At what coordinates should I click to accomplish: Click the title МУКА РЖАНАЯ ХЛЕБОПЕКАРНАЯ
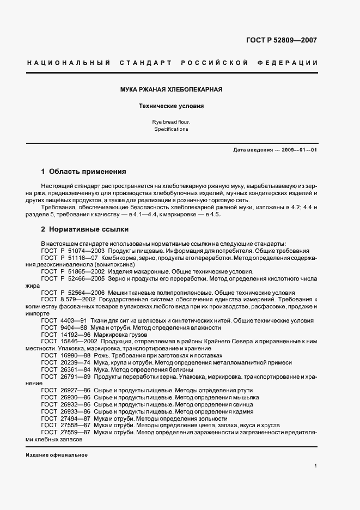point(171,89)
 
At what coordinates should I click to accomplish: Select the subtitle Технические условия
point(171,106)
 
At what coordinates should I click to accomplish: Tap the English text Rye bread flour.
point(171,122)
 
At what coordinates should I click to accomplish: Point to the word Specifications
point(171,130)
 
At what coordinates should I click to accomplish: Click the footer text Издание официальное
point(57,455)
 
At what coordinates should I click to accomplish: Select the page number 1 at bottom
point(315,466)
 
